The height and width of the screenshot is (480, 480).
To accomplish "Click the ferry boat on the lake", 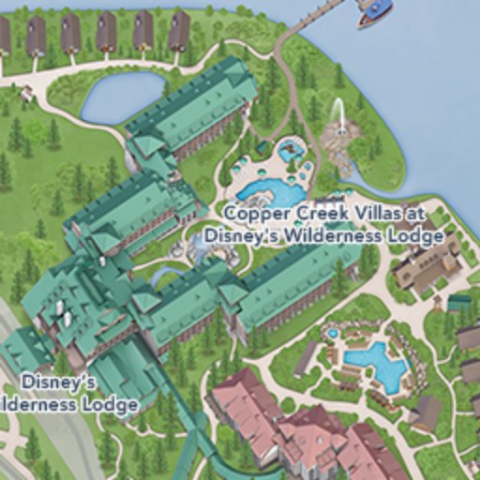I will point(374,12).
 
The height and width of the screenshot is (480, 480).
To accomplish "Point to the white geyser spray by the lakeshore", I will point(338,116).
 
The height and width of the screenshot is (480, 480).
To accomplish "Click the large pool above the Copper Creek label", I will point(272,193).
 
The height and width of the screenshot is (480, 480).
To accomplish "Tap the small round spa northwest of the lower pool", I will point(333,333).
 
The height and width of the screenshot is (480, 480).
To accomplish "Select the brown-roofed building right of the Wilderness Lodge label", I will point(427,264).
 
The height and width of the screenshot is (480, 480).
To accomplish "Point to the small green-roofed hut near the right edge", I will point(458,303).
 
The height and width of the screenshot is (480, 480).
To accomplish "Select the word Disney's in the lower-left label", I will point(58,382).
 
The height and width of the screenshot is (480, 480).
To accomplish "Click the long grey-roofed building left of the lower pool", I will point(306,357).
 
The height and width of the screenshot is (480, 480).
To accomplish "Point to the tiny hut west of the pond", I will point(26,93).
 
